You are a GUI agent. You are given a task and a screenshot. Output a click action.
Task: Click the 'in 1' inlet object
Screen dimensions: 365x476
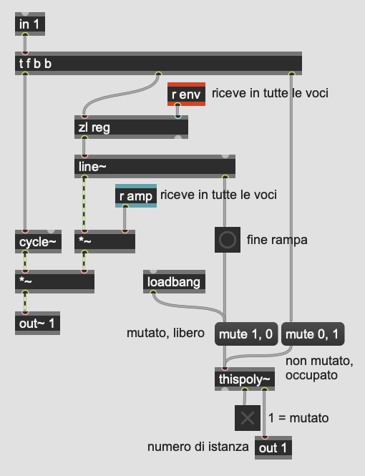coord(30,24)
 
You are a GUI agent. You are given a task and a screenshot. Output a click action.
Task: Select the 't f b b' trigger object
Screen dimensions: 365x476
coord(158,64)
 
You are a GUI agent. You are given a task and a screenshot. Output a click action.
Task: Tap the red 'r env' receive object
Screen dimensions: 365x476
coord(186,94)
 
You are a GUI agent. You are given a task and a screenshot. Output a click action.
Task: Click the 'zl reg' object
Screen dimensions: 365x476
coord(131,127)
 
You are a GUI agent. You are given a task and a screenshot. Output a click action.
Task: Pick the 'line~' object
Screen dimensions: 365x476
coord(155,166)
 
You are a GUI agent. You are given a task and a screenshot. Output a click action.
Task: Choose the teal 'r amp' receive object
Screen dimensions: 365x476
coord(136,196)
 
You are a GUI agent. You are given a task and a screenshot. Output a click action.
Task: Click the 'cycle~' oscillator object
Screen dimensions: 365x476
coord(38,242)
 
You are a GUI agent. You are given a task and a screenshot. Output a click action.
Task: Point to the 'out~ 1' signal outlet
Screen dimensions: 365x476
coord(37,324)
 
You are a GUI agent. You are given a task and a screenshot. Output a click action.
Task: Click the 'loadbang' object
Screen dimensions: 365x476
coord(174,282)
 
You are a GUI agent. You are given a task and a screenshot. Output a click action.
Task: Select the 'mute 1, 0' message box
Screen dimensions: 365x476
coord(246,334)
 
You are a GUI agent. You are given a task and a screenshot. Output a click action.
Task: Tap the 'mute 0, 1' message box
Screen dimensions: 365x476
coord(313,334)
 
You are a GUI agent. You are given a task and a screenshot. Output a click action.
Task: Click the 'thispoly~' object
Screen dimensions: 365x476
coord(245,379)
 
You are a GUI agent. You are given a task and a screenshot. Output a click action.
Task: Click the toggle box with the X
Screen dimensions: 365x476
coord(248,418)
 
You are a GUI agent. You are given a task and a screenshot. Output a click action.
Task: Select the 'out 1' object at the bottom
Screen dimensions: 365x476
coord(273,448)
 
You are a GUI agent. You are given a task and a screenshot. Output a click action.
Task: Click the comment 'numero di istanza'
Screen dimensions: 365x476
coord(198,447)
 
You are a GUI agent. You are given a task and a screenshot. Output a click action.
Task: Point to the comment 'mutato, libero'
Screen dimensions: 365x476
coord(165,333)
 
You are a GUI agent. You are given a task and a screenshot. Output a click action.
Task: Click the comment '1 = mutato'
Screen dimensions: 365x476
coord(298,418)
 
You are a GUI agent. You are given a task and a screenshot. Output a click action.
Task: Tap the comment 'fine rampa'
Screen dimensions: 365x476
coord(277,240)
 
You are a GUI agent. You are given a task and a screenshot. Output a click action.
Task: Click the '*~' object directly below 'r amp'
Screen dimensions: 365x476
coord(105,242)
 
